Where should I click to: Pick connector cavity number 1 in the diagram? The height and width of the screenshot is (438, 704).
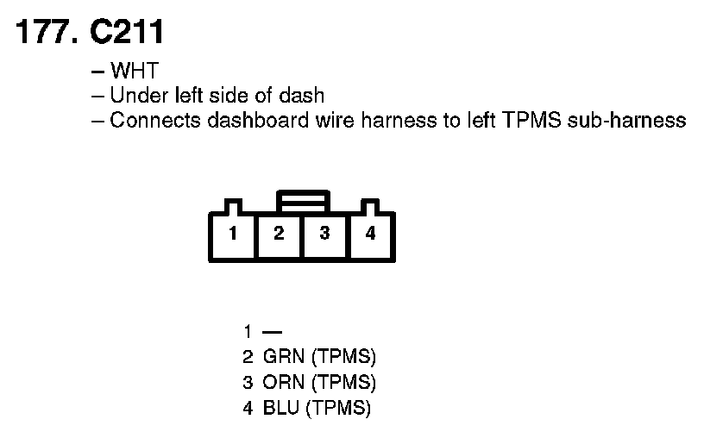[x=233, y=234]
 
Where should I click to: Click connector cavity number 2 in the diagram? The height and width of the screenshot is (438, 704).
[x=279, y=234]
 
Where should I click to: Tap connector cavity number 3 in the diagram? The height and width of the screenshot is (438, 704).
[x=324, y=234]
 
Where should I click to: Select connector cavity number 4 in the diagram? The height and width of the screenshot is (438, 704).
[x=370, y=234]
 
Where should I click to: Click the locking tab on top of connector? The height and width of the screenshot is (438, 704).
[x=302, y=201]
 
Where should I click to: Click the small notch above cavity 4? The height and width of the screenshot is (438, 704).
[x=371, y=207]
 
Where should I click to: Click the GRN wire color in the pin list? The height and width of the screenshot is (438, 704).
[x=280, y=357]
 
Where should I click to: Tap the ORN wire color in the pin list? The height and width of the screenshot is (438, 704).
[x=280, y=382]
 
